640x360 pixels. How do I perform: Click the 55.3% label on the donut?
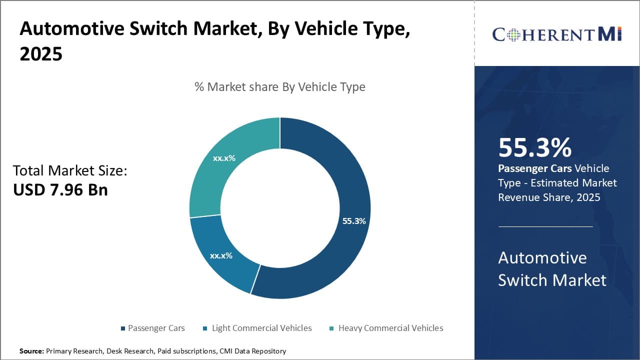click(354, 221)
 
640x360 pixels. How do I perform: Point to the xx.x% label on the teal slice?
click(224, 158)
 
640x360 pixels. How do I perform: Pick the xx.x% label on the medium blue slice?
click(221, 255)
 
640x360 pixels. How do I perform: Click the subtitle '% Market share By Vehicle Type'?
click(280, 87)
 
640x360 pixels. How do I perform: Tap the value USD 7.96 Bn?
click(60, 190)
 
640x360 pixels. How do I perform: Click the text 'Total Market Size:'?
click(70, 171)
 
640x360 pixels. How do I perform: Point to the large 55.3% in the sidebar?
click(535, 148)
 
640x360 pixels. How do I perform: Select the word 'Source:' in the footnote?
click(32, 351)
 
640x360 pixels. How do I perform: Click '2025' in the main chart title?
click(41, 54)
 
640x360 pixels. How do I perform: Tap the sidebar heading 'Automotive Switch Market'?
click(552, 269)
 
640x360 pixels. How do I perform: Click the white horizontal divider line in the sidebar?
click(545, 226)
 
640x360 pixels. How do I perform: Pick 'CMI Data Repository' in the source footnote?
click(252, 351)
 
